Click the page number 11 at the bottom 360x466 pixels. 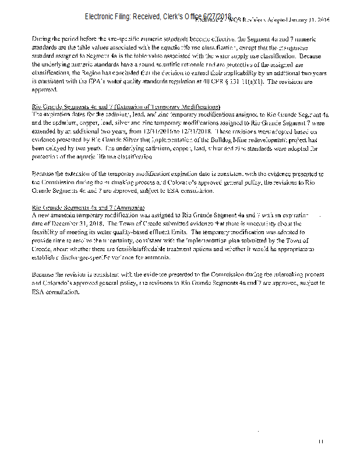321,440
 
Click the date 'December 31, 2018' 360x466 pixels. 68,223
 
